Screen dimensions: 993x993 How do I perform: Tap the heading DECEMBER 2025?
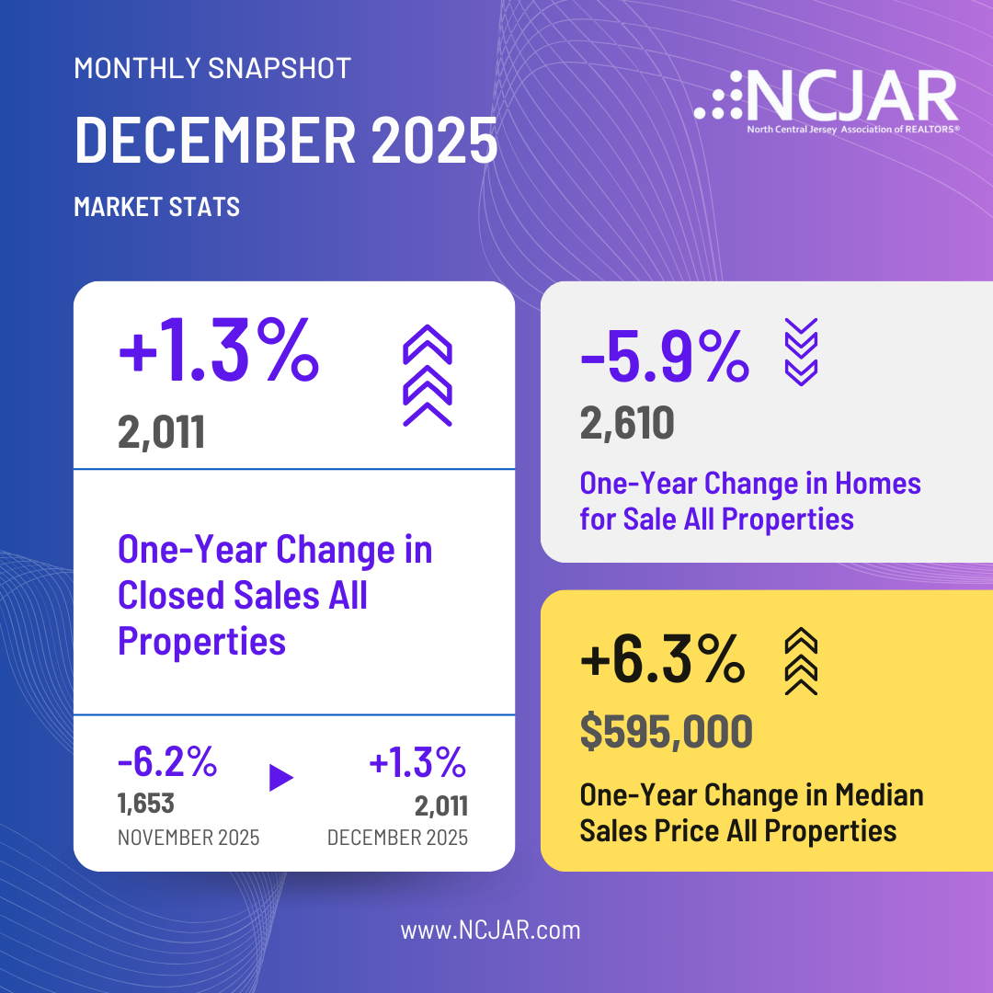pyautogui.click(x=285, y=141)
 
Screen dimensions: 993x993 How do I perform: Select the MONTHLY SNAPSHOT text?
pyautogui.click(x=211, y=68)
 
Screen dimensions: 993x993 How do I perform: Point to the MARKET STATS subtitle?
pyautogui.click(x=156, y=207)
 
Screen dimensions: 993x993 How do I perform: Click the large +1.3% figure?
pyautogui.click(x=219, y=358)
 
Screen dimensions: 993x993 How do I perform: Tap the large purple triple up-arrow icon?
pyautogui.click(x=428, y=377)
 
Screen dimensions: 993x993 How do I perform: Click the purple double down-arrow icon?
pyautogui.click(x=800, y=351)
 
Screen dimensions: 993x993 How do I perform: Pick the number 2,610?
pyautogui.click(x=627, y=423)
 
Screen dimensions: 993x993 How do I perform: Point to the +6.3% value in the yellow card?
pyautogui.click(x=662, y=662)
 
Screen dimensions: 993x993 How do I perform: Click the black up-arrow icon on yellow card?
pyautogui.click(x=800, y=662)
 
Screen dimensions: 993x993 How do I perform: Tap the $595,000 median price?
pyautogui.click(x=667, y=731)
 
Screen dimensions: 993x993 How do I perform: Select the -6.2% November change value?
pyautogui.click(x=167, y=762)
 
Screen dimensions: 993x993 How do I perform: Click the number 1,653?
pyautogui.click(x=146, y=805)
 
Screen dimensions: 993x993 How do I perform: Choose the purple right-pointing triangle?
pyautogui.click(x=280, y=778)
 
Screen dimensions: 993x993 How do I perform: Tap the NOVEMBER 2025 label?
pyautogui.click(x=188, y=838)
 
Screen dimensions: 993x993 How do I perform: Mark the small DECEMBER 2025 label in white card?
pyautogui.click(x=397, y=838)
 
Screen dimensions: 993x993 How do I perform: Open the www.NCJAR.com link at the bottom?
pyautogui.click(x=490, y=930)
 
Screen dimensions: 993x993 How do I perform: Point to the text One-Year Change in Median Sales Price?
pyautogui.click(x=751, y=813)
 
